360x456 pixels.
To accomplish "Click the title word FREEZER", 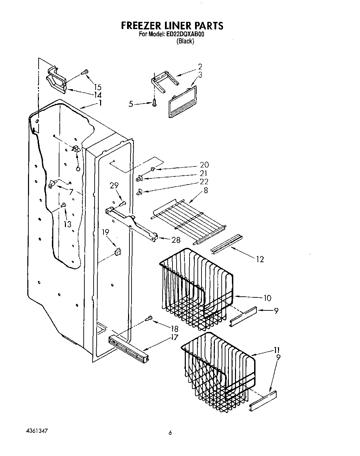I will click(x=142, y=25).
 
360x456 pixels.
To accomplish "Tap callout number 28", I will click(x=176, y=240).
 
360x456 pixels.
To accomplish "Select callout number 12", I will click(x=260, y=259).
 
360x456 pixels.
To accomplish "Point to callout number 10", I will click(x=267, y=298).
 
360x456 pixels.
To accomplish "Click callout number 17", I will click(x=174, y=337).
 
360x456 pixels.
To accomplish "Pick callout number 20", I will click(x=204, y=165).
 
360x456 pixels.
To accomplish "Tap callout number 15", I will click(x=98, y=87).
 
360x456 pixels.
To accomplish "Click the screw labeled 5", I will click(x=154, y=102).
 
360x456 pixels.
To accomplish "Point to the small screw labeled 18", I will click(x=149, y=318).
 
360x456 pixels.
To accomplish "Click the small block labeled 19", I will click(x=118, y=252).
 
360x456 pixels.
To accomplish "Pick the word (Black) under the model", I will click(x=185, y=41).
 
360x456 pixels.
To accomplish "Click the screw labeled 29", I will click(x=123, y=204).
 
